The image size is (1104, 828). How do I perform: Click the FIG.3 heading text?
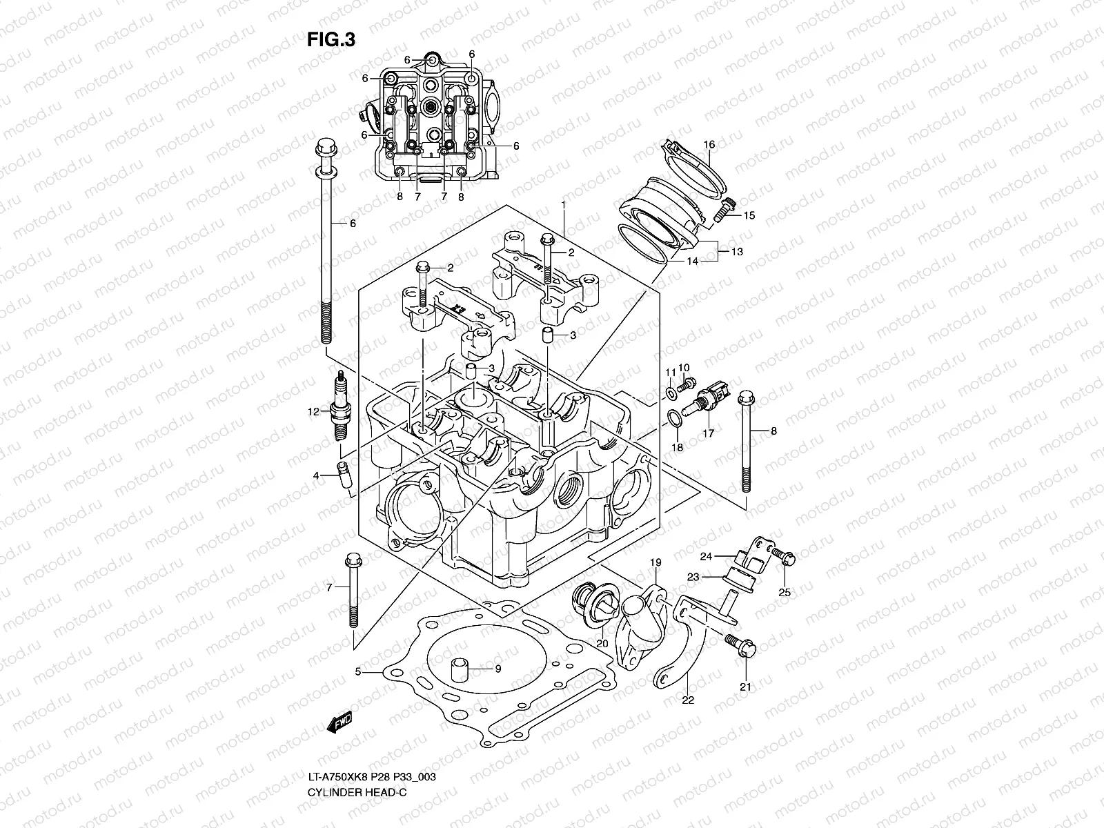(x=331, y=40)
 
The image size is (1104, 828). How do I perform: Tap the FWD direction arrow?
(x=340, y=722)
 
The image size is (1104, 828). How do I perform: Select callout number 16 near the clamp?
(x=709, y=144)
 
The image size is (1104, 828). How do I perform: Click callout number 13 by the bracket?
(x=737, y=252)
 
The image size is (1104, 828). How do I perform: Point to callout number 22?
(x=688, y=699)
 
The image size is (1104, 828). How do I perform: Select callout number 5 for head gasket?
(x=358, y=671)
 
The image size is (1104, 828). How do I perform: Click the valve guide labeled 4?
(x=344, y=476)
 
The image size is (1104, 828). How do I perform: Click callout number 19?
(x=655, y=562)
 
